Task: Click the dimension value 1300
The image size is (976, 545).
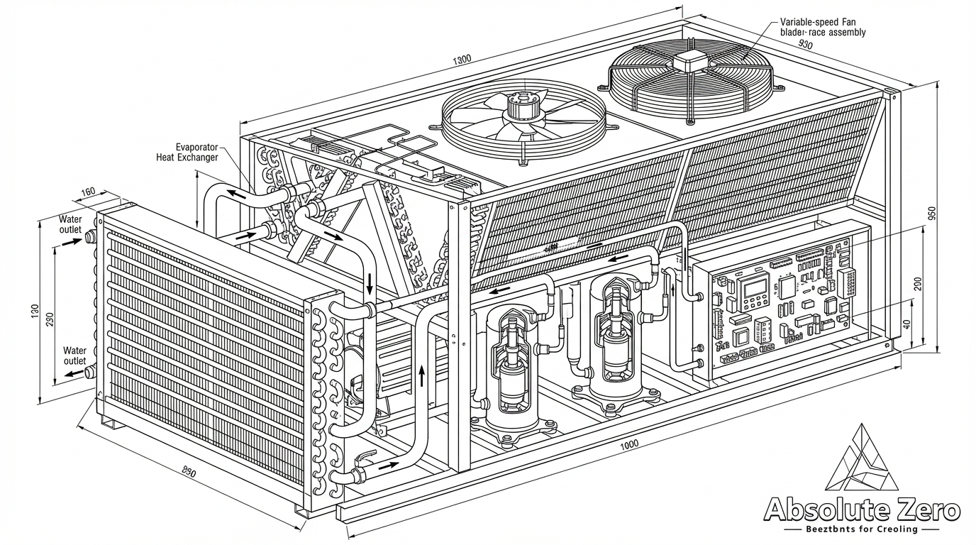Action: tap(460, 59)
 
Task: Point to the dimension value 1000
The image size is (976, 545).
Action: tap(628, 444)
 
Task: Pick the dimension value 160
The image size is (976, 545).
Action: tap(89, 192)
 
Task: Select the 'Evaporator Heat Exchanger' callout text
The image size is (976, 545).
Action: tap(187, 151)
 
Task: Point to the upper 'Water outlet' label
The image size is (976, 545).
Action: tap(71, 224)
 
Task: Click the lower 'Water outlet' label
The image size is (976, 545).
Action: tap(74, 356)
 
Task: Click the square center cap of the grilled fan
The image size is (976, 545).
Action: tap(687, 62)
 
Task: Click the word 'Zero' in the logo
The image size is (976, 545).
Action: tap(922, 510)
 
